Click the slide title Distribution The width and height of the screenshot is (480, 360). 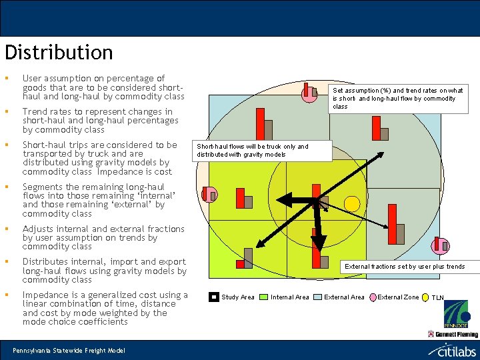coord(59,53)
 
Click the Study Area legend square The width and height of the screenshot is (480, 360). coord(213,297)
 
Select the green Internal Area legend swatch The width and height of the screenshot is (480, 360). coord(263,297)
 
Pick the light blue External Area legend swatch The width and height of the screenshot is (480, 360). coord(317,297)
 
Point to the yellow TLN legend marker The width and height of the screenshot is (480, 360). coord(425,297)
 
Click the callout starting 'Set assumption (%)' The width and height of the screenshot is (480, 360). coord(398,98)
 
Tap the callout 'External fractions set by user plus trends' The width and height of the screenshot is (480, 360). coord(404,267)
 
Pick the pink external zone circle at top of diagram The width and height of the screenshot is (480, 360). coord(310,95)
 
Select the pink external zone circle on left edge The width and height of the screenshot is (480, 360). coord(210,195)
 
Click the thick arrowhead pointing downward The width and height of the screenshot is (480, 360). coord(319,243)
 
